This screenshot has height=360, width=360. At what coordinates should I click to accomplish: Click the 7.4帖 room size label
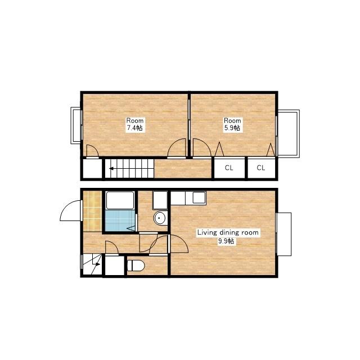135,128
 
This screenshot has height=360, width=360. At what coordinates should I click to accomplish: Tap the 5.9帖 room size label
232,128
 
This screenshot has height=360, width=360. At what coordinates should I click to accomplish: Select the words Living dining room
228,232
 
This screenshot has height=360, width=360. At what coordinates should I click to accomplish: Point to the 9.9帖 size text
226,241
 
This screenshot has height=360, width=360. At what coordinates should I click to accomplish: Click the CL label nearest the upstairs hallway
229,168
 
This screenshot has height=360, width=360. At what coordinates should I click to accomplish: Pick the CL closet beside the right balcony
261,168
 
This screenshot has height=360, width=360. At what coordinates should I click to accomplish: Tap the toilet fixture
136,265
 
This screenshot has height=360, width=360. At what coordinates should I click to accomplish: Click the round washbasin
160,218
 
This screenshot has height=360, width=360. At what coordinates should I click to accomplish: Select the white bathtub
120,200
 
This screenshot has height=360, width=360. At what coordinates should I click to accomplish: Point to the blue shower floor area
120,220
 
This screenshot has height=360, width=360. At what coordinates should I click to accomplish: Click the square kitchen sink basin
199,197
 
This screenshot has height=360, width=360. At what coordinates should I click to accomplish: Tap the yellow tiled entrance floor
92,211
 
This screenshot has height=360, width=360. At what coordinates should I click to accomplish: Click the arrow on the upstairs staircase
111,169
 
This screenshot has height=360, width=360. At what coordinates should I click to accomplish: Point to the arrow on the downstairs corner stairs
97,264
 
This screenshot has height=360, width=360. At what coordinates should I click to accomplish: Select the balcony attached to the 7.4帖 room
76,125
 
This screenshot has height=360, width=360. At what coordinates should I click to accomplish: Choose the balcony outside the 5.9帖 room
288,134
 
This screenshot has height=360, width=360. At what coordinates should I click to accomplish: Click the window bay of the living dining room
284,234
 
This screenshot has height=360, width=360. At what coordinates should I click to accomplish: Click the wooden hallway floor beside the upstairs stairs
183,169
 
